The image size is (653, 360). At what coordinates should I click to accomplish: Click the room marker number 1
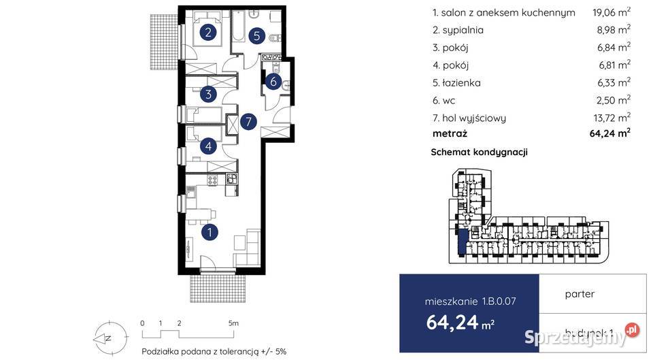[x=211, y=232]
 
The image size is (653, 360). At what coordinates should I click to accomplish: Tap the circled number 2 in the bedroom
[x=209, y=31]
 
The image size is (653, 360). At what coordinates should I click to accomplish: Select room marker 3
[x=209, y=95]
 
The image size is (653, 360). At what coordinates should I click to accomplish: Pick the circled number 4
[x=209, y=144]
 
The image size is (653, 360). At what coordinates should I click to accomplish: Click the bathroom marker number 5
[x=256, y=36]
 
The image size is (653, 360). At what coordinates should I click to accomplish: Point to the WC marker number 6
[x=273, y=82]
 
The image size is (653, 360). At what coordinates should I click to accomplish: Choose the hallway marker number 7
[x=249, y=122]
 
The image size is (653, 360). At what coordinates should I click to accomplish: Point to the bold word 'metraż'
[x=450, y=134]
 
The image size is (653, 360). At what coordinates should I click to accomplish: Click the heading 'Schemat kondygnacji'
[x=480, y=152]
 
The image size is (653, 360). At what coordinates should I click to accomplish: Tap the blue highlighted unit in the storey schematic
[x=462, y=242]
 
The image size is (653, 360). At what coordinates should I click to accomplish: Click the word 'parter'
[x=580, y=294]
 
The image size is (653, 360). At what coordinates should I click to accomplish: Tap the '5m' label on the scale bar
[x=233, y=323]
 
